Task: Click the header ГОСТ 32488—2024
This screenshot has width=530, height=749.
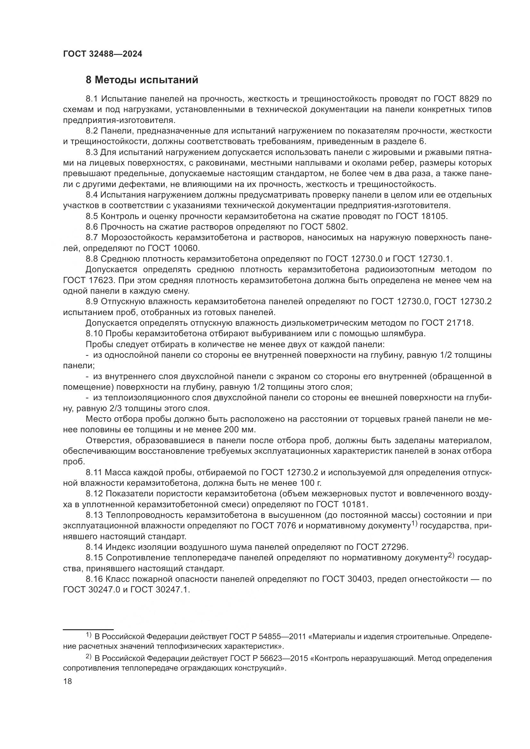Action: (103, 54)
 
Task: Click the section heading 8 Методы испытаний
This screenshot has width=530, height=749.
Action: (142, 80)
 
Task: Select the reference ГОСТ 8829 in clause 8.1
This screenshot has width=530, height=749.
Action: (456, 99)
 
